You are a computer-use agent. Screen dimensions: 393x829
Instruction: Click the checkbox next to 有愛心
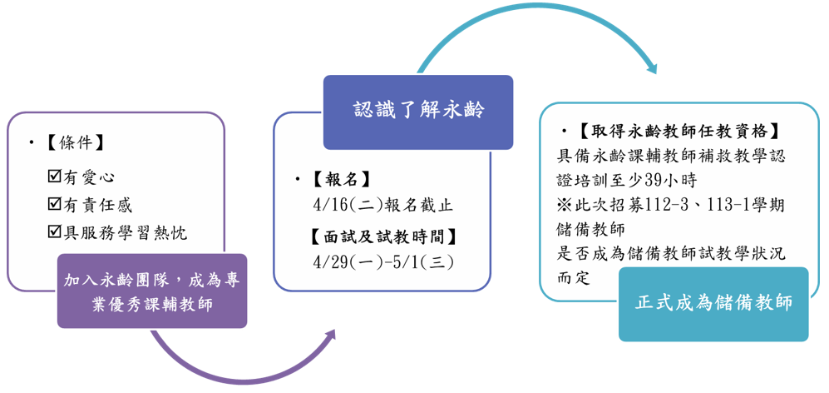click(x=55, y=177)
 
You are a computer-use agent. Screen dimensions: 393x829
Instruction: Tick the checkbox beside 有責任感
click(x=55, y=204)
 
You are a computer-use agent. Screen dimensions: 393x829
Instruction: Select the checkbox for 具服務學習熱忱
click(x=55, y=231)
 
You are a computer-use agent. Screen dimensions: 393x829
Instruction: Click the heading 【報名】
click(x=341, y=179)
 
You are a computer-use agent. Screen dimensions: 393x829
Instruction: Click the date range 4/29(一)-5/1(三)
click(x=383, y=261)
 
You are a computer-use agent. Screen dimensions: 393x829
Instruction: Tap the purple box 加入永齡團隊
click(x=152, y=291)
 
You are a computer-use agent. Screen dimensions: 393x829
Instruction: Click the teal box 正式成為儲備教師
click(x=713, y=303)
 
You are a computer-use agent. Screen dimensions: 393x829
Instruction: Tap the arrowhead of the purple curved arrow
click(x=329, y=336)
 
